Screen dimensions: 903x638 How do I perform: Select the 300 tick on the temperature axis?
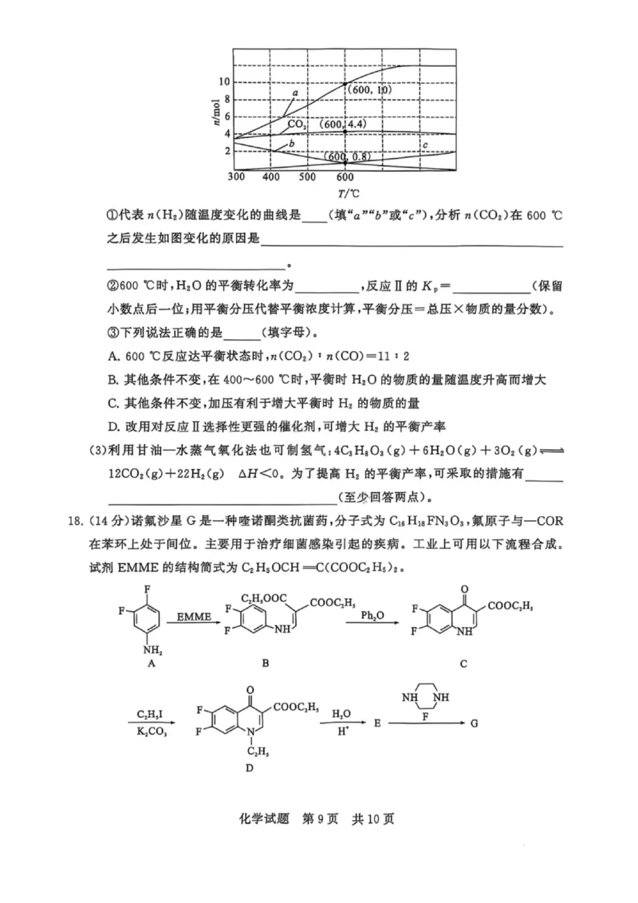pyautogui.click(x=236, y=176)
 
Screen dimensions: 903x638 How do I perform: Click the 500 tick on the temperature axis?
pyautogui.click(x=309, y=176)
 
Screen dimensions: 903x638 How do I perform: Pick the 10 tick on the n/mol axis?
pyautogui.click(x=224, y=82)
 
